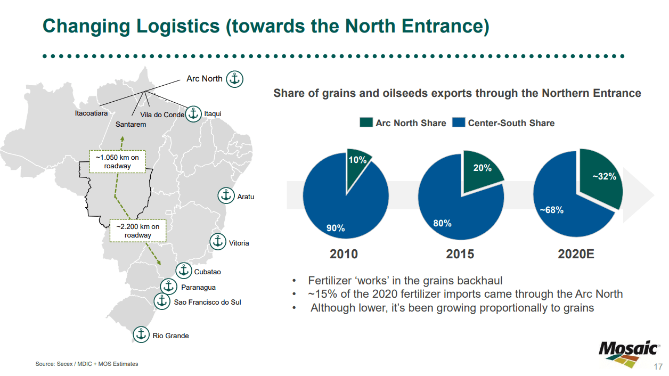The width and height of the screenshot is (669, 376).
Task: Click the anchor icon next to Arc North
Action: click(x=235, y=79)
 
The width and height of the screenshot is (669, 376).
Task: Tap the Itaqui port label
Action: click(x=213, y=114)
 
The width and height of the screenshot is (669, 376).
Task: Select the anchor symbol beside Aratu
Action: click(x=226, y=195)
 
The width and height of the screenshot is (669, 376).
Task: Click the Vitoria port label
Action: click(x=239, y=243)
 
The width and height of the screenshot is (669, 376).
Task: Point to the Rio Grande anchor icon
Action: click(x=141, y=334)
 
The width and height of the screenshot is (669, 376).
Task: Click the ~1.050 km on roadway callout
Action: click(x=117, y=161)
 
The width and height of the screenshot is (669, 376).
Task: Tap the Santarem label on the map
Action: click(x=130, y=124)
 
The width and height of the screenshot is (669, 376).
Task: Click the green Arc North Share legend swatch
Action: click(x=366, y=123)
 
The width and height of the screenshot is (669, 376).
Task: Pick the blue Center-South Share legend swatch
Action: click(x=459, y=123)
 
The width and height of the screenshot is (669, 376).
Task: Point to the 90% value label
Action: click(x=336, y=228)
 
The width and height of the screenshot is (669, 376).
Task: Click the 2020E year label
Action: click(x=576, y=254)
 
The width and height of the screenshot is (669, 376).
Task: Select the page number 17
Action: click(x=658, y=367)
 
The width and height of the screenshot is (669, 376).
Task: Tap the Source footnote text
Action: click(x=87, y=364)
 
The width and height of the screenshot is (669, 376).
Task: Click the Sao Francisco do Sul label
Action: click(x=208, y=302)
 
